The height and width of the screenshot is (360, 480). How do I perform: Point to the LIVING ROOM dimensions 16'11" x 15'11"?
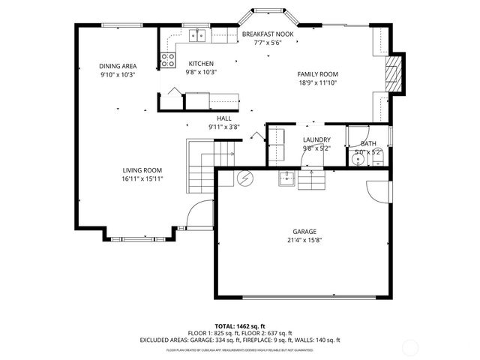(x=142, y=178)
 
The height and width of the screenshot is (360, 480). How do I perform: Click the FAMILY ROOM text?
(x=317, y=74)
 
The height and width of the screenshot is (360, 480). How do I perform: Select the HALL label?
(x=224, y=118)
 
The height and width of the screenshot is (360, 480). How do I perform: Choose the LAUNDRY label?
(x=316, y=139)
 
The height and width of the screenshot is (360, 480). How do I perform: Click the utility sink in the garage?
(x=286, y=178)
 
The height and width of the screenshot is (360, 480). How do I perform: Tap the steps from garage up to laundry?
(x=312, y=180)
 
